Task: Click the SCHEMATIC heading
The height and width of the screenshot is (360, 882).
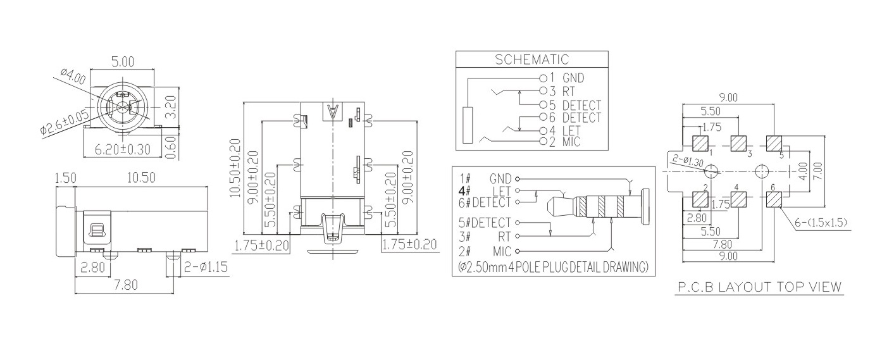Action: [x=531, y=60]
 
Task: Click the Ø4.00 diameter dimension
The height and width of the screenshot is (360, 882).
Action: [x=73, y=77]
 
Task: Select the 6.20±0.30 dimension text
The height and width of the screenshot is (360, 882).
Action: [x=123, y=150]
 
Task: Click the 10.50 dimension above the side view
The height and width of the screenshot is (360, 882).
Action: [x=140, y=178]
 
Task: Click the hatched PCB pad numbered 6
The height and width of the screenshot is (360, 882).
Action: [x=774, y=200]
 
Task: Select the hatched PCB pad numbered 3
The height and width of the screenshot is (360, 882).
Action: [x=738, y=144]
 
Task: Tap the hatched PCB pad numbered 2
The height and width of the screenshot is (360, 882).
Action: [x=700, y=200]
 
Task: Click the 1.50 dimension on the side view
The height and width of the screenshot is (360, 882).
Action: [x=66, y=178]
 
